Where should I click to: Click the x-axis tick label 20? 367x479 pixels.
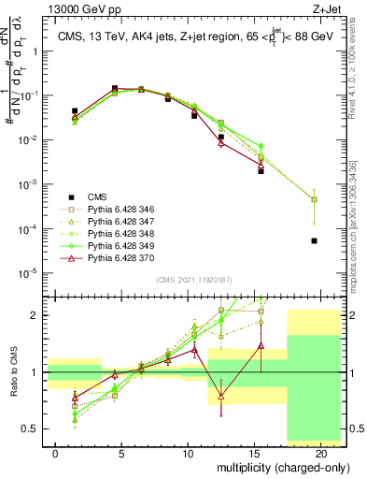321,452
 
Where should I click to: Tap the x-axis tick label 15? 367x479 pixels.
255,452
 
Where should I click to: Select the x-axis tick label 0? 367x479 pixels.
56,452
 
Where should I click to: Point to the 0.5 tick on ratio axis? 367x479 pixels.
31,429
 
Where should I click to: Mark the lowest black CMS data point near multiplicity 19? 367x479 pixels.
315,240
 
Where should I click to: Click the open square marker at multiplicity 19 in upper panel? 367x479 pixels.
315,199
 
